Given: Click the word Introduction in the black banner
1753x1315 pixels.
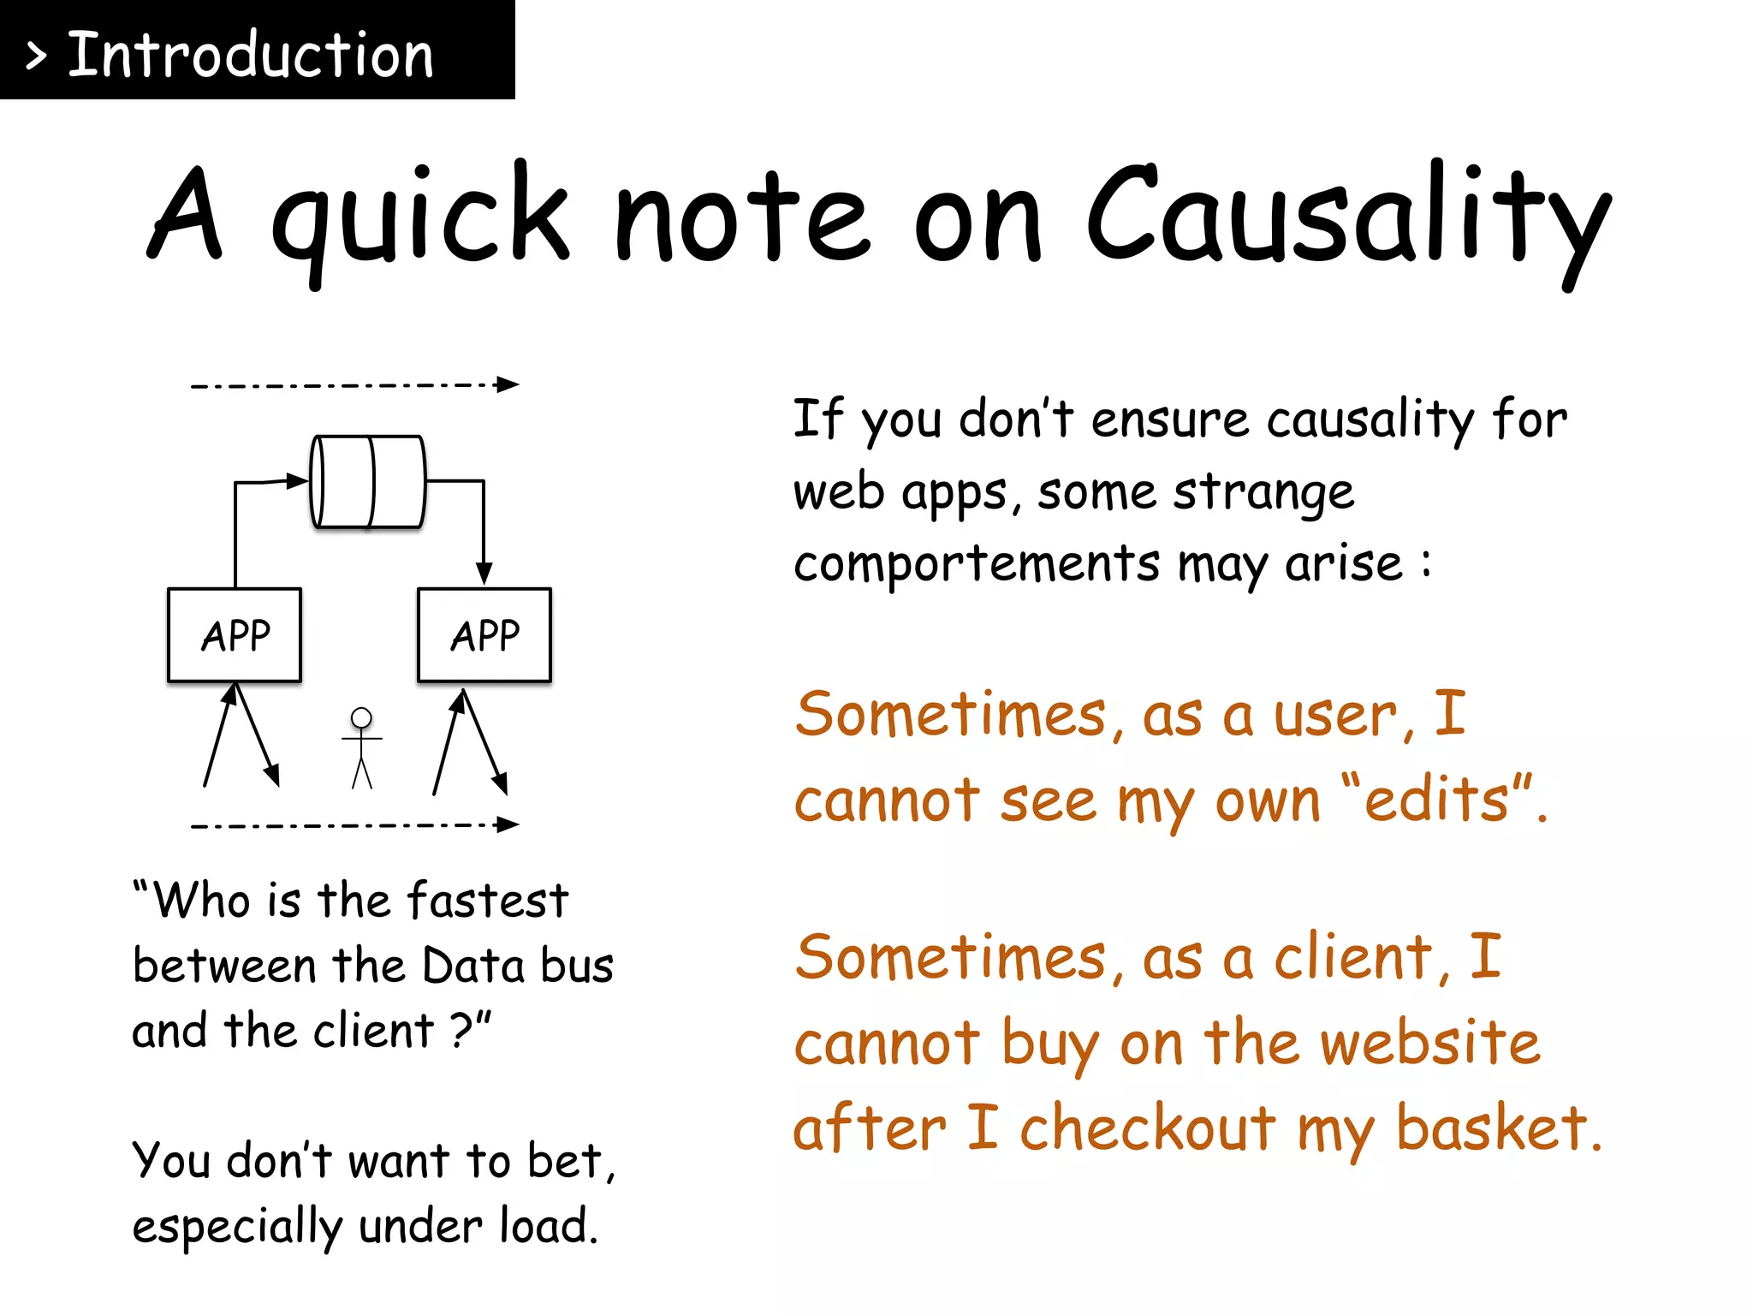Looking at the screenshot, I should (250, 55).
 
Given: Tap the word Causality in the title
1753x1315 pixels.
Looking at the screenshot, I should (1348, 218).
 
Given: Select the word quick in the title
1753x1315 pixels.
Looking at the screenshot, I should (419, 218).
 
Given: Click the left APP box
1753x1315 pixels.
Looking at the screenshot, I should (235, 635).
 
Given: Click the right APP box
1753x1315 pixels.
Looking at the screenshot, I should (484, 635).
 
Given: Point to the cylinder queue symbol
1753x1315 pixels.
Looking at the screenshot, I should (368, 482).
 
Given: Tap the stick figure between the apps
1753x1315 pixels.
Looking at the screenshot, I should (362, 748).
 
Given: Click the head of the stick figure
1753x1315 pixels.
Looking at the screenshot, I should (362, 717).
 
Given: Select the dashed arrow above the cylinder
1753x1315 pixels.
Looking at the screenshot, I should (354, 384).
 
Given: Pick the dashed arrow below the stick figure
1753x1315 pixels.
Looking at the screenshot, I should (354, 825).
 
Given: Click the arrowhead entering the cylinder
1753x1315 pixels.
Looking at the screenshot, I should (298, 480).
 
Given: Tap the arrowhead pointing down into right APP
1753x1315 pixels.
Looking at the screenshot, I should (484, 574).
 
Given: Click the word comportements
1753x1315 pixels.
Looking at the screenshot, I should (977, 565).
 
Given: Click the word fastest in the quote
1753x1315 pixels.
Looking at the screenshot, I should (487, 901).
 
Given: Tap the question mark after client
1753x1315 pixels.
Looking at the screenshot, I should (461, 1030).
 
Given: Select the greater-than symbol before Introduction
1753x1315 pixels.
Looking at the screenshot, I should (36, 57).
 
